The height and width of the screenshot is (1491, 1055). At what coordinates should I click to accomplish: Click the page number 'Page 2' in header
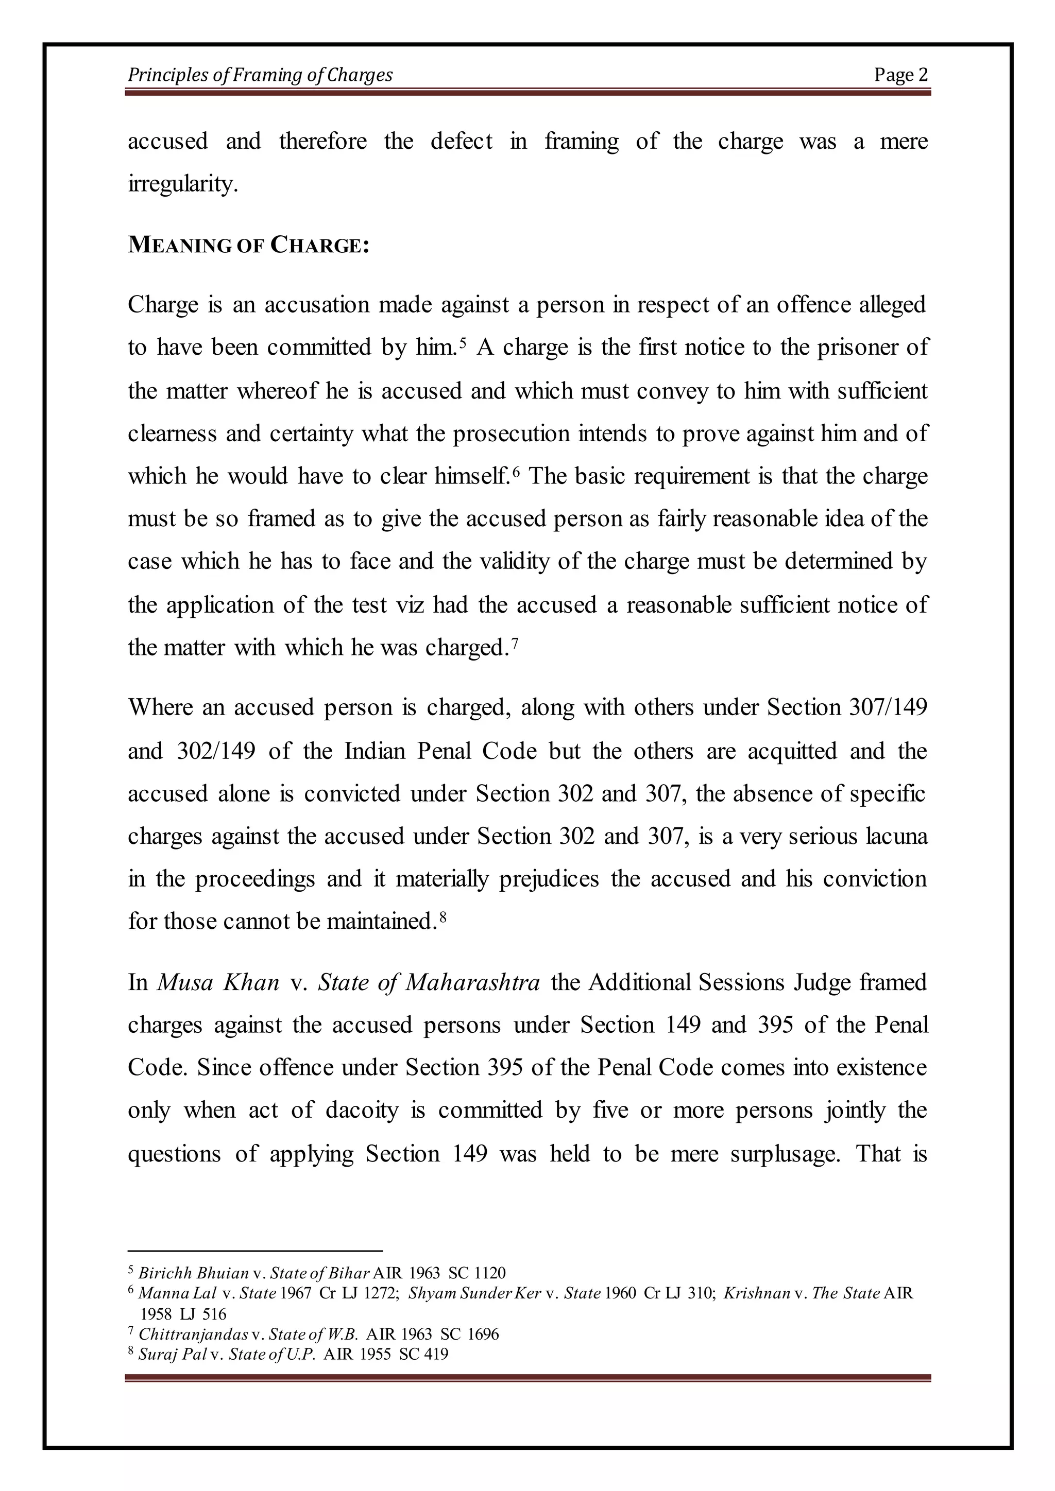(900, 75)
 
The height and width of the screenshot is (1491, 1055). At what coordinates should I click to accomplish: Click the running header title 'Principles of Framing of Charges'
(260, 75)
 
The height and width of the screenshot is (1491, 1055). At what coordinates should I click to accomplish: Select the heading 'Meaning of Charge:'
(248, 245)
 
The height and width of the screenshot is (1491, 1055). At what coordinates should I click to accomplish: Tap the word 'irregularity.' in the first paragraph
(183, 184)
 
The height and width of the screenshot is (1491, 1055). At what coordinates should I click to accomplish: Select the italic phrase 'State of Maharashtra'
(429, 982)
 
